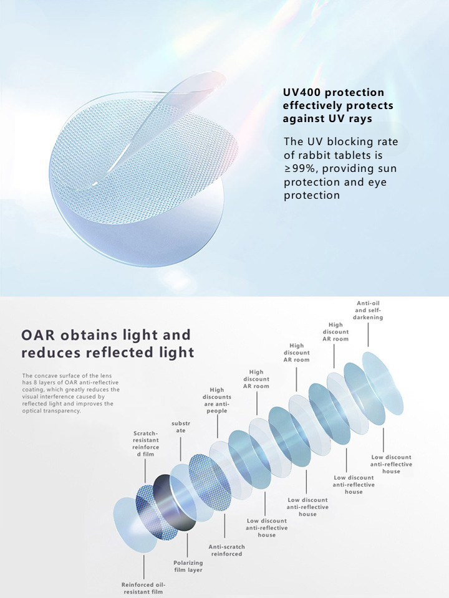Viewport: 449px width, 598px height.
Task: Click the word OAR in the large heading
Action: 38,335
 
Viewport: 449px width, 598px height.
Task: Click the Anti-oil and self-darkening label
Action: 368,310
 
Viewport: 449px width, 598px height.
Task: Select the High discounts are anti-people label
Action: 217,400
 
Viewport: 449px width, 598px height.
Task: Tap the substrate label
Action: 181,427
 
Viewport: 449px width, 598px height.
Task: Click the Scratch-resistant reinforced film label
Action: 145,444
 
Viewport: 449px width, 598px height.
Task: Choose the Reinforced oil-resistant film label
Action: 143,588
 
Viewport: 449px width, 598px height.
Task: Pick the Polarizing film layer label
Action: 188,566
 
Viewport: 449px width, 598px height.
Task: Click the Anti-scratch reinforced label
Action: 227,550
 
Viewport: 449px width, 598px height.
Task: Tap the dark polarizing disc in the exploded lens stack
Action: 175,503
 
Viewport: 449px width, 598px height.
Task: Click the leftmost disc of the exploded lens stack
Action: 135,525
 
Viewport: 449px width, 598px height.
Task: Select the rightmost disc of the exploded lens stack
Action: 382,383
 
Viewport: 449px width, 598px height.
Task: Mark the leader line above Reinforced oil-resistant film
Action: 144,567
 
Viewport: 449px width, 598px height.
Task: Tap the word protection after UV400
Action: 356,93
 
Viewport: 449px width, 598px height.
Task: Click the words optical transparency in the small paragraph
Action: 51,411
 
